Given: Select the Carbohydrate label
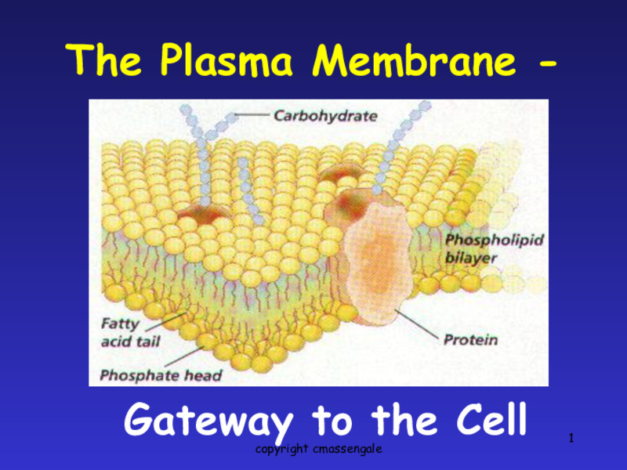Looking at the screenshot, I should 324,116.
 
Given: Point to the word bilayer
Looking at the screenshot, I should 471,258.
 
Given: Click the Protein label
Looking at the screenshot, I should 470,340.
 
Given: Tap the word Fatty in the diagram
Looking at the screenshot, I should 120,323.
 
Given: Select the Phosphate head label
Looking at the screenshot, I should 161,375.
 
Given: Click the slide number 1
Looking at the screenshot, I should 571,436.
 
